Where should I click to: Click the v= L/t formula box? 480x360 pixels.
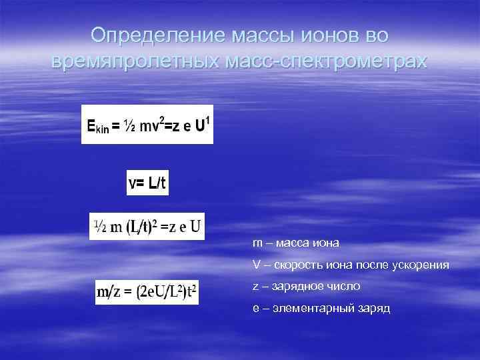pyautogui.click(x=147, y=182)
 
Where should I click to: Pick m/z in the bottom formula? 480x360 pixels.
pyautogui.click(x=111, y=292)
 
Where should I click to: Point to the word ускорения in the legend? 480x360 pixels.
pyautogui.click(x=423, y=265)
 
